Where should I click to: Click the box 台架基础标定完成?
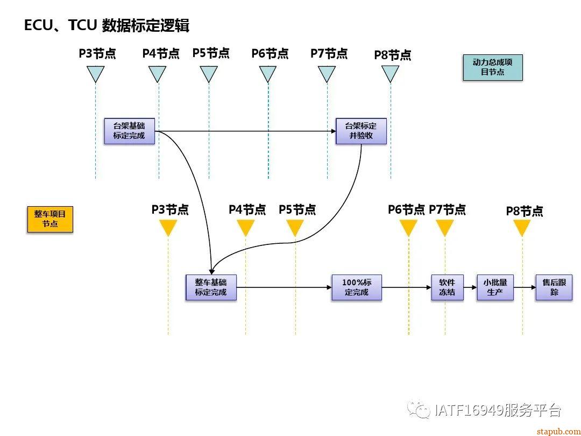(129, 131)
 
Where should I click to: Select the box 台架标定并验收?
(361, 131)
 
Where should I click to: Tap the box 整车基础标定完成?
(211, 287)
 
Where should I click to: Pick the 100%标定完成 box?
(357, 287)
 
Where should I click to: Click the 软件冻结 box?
(447, 287)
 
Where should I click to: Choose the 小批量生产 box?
(495, 287)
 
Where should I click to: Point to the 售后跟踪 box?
(554, 287)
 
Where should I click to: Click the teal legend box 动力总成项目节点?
(493, 67)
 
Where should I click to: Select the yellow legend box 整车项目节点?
(50, 219)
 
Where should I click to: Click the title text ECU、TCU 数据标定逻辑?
(107, 25)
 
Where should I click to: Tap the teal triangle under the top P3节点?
(95, 73)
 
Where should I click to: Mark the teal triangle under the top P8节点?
(391, 73)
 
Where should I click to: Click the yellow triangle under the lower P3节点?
(168, 228)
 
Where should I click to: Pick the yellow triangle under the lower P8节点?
(522, 228)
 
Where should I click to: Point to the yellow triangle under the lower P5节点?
(295, 228)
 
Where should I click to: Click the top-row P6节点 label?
(270, 54)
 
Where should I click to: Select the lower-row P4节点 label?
(247, 209)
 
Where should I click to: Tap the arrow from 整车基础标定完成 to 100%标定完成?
(284, 287)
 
